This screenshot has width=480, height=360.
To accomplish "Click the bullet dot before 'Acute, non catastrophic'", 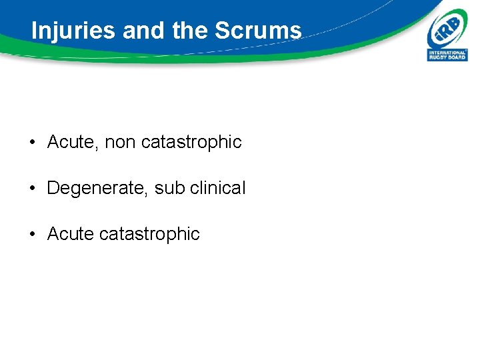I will pos(32,143).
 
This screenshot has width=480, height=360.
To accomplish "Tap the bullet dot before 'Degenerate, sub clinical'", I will pos(32,189).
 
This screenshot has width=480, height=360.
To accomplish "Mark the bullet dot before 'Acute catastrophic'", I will pos(32,235).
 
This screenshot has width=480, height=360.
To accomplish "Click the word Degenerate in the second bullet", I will pos(97,189).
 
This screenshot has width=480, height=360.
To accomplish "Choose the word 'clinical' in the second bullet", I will pos(217,188).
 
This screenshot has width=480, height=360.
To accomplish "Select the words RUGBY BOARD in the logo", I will pos(447,57).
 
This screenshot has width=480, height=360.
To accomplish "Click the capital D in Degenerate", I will pos(53,188).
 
